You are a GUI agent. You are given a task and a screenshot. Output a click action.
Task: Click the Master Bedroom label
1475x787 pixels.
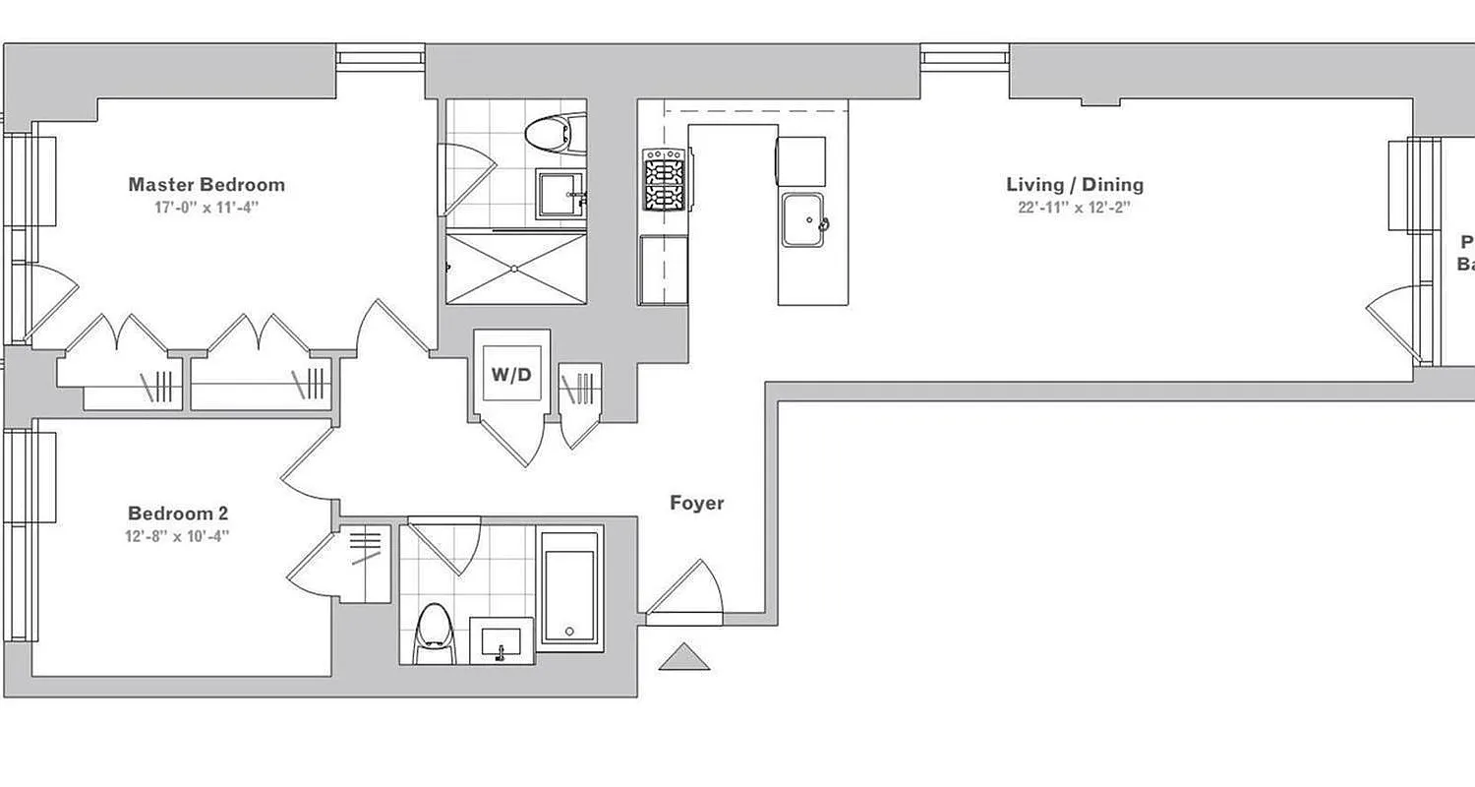point(206,184)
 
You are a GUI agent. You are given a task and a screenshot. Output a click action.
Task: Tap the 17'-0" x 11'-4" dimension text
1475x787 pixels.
point(206,208)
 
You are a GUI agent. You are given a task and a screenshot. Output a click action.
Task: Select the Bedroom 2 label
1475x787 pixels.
point(178,513)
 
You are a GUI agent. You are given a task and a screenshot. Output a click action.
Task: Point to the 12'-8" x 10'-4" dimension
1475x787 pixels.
point(178,536)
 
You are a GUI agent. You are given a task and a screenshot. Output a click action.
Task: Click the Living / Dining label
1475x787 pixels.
point(1075,184)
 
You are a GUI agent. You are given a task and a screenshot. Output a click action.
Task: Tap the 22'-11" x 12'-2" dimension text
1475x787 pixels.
point(1075,208)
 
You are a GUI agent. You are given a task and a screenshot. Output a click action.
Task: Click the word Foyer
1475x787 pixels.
point(696,503)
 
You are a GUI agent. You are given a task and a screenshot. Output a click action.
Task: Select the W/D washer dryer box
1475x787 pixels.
point(511,373)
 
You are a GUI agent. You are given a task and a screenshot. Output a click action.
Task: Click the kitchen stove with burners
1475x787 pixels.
point(664,179)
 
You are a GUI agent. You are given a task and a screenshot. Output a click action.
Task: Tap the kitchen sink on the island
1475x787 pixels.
point(803,220)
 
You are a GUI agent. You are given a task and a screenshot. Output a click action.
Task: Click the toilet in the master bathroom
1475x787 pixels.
point(553,133)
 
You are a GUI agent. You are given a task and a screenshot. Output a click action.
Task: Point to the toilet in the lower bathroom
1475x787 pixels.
point(434,635)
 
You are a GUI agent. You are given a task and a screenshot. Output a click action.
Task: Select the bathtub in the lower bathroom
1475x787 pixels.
point(569,595)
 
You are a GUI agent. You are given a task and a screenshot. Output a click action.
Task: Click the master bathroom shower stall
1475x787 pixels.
point(515,267)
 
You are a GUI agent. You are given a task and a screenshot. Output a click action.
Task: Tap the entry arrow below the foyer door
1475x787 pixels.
point(684,658)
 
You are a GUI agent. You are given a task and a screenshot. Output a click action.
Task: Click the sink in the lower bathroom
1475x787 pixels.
point(501,640)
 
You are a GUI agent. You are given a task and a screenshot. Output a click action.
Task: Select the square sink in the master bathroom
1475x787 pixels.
point(560,194)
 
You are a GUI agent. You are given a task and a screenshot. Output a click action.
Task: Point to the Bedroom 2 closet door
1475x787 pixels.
point(313,569)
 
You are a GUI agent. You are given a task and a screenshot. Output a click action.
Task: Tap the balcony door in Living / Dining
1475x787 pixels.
point(1394,325)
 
